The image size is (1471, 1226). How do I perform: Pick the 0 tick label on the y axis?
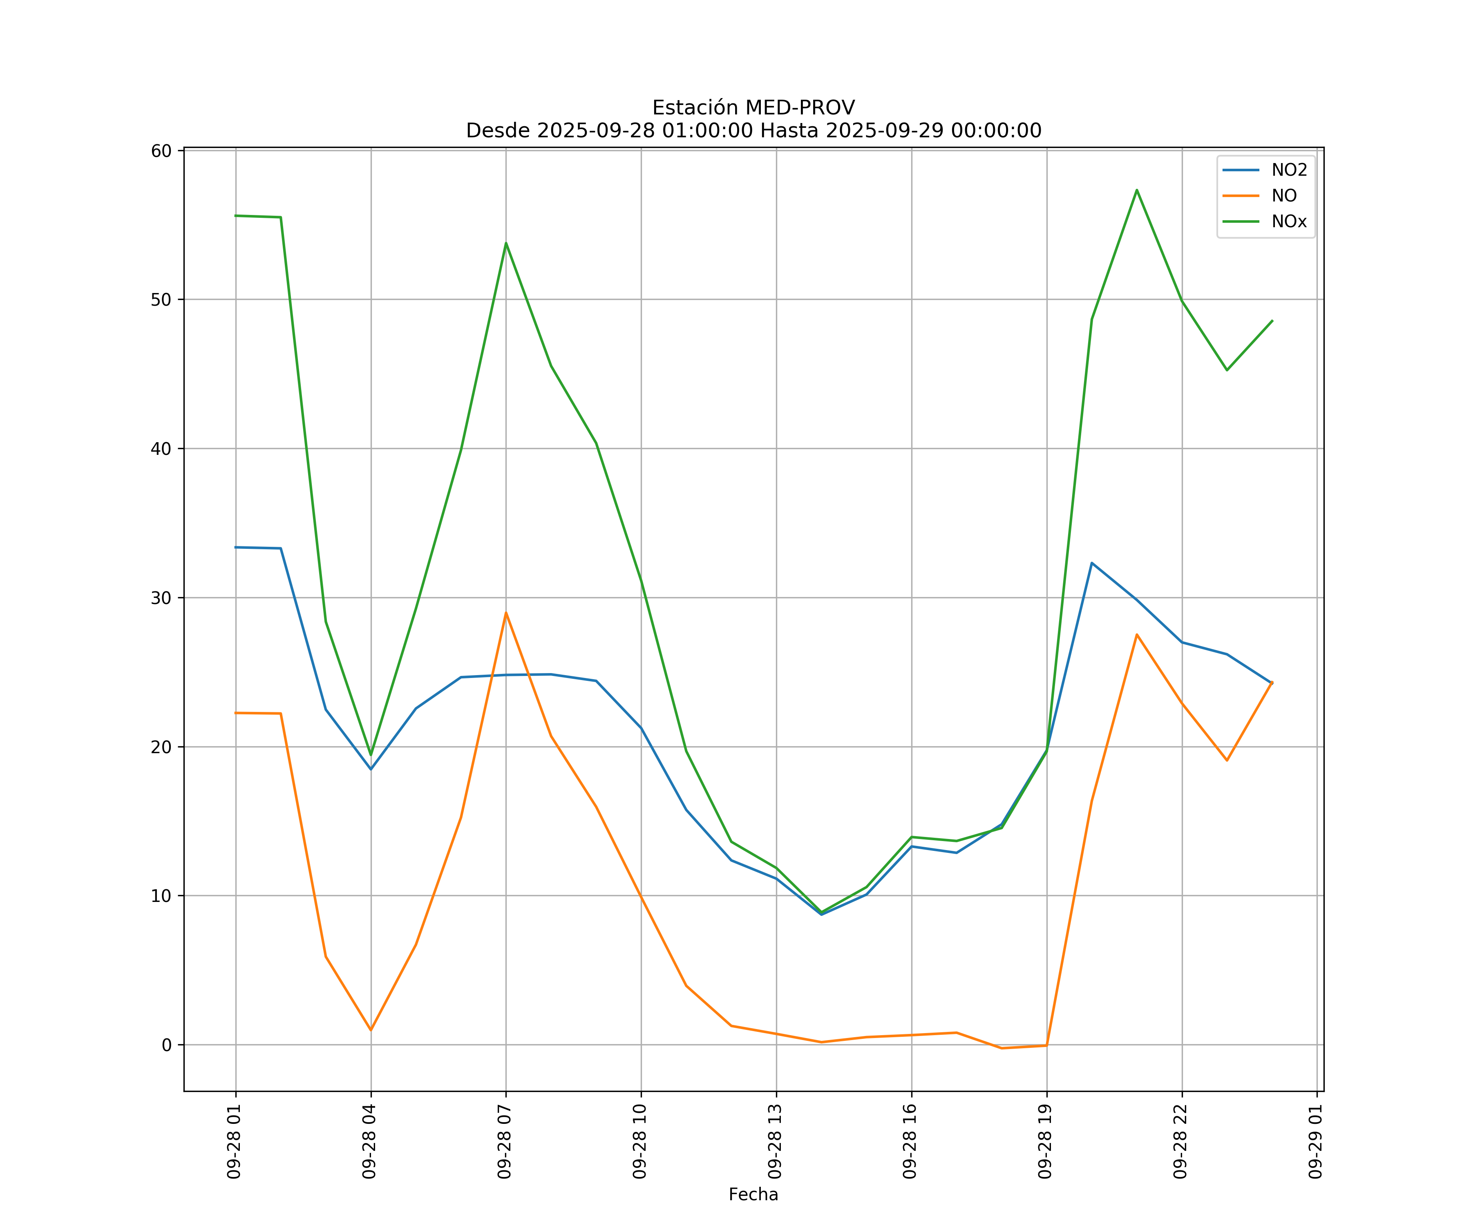[167, 1045]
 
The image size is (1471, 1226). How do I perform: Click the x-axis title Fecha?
[753, 1195]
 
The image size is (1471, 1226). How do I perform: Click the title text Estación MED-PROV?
[753, 108]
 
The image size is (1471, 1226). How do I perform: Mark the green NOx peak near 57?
[1136, 190]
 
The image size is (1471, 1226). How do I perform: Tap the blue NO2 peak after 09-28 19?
[1091, 563]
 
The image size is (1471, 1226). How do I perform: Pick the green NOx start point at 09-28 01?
[236, 216]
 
